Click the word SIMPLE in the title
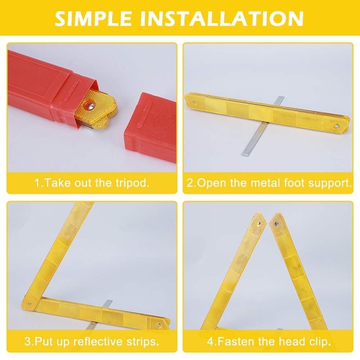(x=93, y=19)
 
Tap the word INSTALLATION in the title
(x=222, y=19)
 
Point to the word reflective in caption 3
(x=99, y=342)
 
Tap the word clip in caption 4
(x=320, y=342)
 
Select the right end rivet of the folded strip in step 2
(x=337, y=126)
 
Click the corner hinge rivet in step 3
(x=29, y=304)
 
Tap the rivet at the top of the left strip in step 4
(x=259, y=223)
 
